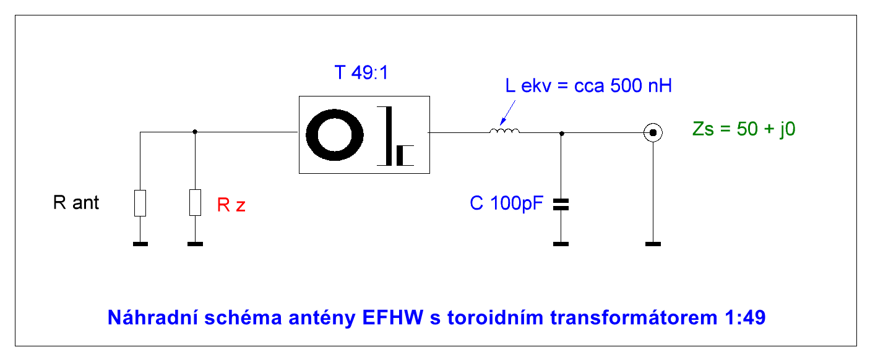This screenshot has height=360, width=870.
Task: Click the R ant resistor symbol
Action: tap(140, 203)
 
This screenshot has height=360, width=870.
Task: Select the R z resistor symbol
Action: tap(195, 203)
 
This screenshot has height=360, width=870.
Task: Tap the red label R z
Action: tap(231, 205)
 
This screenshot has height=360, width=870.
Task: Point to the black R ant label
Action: tap(76, 203)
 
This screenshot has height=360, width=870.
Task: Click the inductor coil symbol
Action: tap(504, 131)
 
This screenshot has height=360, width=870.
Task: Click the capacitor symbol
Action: tap(561, 205)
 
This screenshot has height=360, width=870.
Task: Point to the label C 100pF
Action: tap(506, 204)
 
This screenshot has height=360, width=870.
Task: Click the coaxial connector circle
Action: tap(653, 132)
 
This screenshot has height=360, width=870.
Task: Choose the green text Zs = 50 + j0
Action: tap(744, 131)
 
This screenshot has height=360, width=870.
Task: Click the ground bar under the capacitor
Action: tap(561, 244)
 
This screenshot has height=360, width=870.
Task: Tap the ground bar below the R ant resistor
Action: tap(140, 244)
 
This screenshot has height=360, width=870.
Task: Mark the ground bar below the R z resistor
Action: tap(195, 244)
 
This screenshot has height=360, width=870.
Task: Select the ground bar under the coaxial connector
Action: tap(653, 244)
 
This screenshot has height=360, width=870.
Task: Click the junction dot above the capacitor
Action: tap(561, 132)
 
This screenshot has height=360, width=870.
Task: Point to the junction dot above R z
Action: tap(195, 132)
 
